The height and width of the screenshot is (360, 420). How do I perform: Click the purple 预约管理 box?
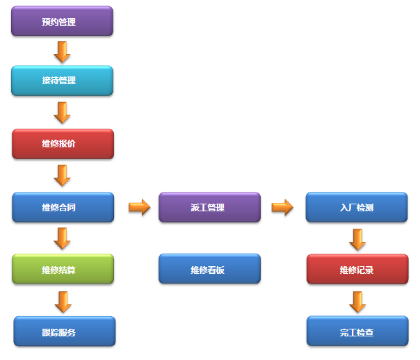coord(62,22)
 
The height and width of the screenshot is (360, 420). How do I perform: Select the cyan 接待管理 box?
coord(62,81)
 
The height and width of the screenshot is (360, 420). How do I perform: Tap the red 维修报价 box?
coord(63,144)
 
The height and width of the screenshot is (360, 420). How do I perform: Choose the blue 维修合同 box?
coord(63,207)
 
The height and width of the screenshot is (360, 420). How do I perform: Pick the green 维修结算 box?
coord(63,269)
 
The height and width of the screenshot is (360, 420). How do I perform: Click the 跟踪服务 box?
coord(64,332)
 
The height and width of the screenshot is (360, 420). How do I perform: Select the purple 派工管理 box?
coord(209,207)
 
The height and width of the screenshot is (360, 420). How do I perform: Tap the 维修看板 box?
coord(209,269)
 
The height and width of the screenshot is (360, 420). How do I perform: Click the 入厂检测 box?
coord(357,207)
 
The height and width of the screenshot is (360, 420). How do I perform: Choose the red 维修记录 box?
coord(357,269)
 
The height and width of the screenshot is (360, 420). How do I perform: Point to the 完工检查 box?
coord(357,332)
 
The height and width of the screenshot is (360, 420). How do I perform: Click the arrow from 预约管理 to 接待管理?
coord(63,51)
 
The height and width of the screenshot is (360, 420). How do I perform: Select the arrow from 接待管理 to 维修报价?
coord(63,112)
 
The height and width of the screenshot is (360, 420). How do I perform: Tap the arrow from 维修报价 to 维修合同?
coord(63,175)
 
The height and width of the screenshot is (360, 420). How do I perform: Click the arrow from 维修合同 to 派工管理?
coord(139,207)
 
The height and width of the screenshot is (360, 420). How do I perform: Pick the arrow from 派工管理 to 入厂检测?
coord(282,207)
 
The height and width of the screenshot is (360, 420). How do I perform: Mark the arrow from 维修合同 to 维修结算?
coord(63,238)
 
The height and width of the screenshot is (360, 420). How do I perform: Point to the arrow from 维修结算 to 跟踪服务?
coord(63,301)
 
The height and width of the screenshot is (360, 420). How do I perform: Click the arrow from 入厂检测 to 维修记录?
coord(357,239)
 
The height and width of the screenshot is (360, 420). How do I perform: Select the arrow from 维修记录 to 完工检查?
coord(357,301)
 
